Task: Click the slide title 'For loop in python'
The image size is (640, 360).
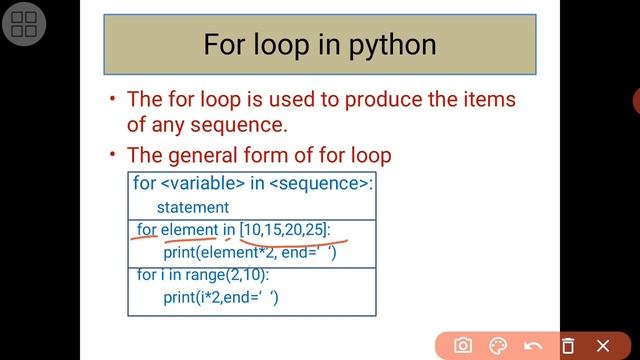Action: pyautogui.click(x=319, y=45)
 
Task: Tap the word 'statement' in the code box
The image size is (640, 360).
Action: pyautogui.click(x=192, y=207)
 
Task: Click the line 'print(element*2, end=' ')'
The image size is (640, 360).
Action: pyautogui.click(x=249, y=253)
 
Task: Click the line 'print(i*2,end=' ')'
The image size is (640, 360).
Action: pyautogui.click(x=221, y=297)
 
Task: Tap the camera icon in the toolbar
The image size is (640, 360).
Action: pyautogui.click(x=462, y=345)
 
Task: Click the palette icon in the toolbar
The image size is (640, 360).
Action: pyautogui.click(x=498, y=345)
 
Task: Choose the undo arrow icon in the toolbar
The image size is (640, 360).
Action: pyautogui.click(x=533, y=345)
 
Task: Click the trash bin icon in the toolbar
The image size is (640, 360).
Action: pyautogui.click(x=568, y=345)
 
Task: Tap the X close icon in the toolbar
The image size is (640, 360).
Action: pyautogui.click(x=603, y=345)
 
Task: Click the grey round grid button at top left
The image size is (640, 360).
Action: pyautogui.click(x=26, y=26)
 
